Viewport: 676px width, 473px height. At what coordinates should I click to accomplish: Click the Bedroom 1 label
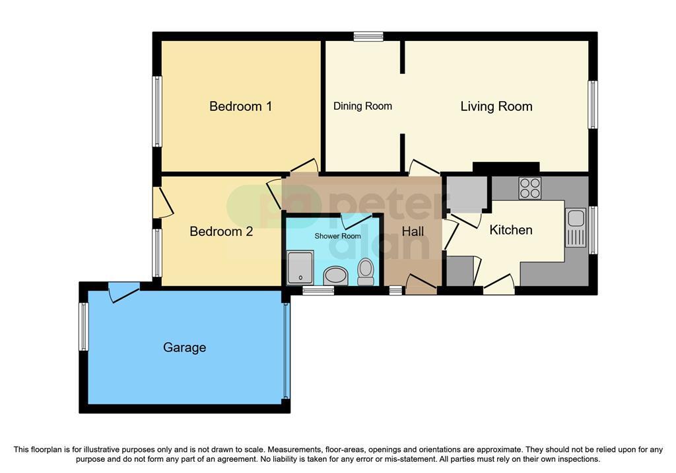pyautogui.click(x=240, y=106)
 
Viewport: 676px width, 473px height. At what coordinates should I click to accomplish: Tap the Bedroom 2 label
pyautogui.click(x=221, y=231)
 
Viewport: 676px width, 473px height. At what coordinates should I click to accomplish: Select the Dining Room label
pyautogui.click(x=362, y=106)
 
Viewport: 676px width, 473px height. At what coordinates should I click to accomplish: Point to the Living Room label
pyautogui.click(x=496, y=106)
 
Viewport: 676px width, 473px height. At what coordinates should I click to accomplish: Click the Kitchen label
pyautogui.click(x=511, y=230)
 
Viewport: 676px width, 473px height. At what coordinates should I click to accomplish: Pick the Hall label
pyautogui.click(x=413, y=232)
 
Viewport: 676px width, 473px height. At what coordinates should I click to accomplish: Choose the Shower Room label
pyautogui.click(x=337, y=236)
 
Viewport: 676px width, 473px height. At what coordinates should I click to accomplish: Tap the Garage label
pyautogui.click(x=185, y=347)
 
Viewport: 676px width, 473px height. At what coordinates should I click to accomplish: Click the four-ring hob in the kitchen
pyautogui.click(x=530, y=188)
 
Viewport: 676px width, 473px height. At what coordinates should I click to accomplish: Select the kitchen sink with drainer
pyautogui.click(x=576, y=228)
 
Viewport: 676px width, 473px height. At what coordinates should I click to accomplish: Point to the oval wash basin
pyautogui.click(x=335, y=275)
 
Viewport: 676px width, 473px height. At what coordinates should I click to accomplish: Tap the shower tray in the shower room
pyautogui.click(x=300, y=268)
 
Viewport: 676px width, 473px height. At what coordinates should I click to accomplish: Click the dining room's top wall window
pyautogui.click(x=368, y=36)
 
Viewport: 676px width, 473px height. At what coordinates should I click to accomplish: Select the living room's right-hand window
pyautogui.click(x=593, y=104)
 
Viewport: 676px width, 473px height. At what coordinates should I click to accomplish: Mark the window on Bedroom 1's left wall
pyautogui.click(x=157, y=112)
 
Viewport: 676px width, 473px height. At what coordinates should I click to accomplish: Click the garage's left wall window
pyautogui.click(x=84, y=326)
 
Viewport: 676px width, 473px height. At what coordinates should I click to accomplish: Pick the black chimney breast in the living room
pyautogui.click(x=506, y=167)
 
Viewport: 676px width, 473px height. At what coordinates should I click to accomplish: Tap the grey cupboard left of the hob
pyautogui.click(x=467, y=194)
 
